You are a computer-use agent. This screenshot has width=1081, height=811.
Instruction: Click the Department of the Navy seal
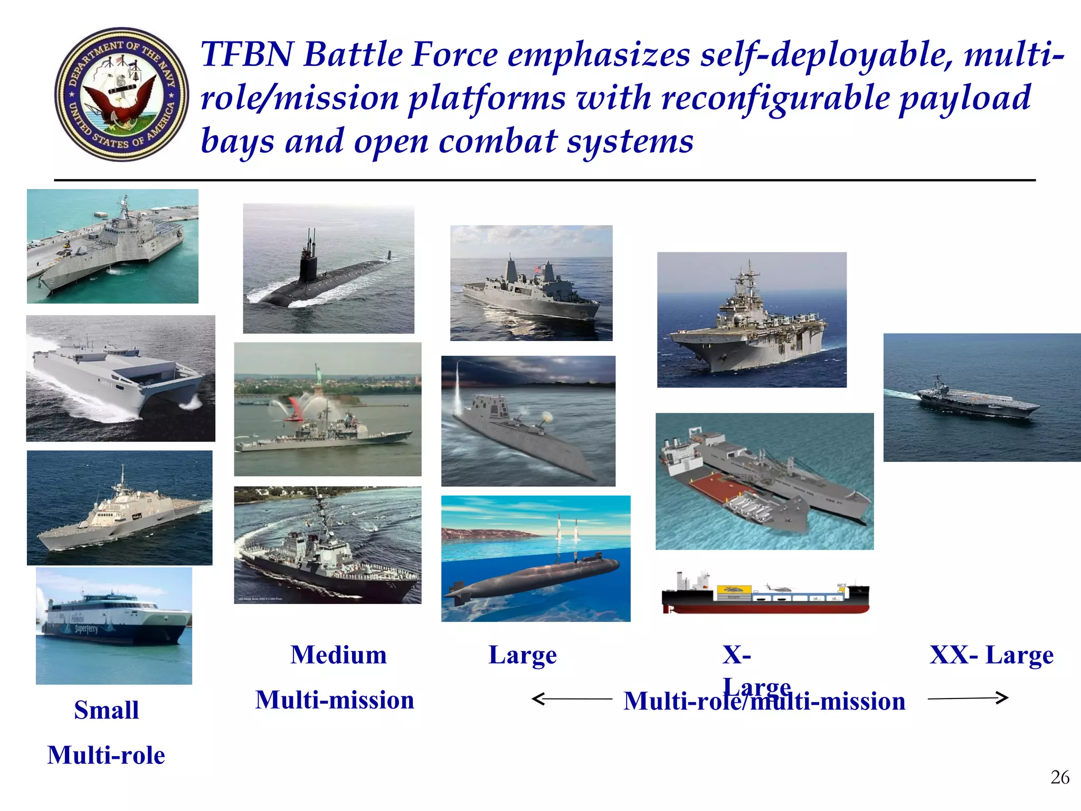pyautogui.click(x=121, y=95)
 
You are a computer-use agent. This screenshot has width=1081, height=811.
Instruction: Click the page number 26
pyautogui.click(x=1059, y=778)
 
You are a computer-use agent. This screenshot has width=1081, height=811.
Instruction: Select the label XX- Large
pyautogui.click(x=991, y=655)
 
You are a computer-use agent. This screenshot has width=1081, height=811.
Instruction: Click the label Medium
pyautogui.click(x=338, y=655)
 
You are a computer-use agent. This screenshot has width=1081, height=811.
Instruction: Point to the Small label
pyautogui.click(x=107, y=710)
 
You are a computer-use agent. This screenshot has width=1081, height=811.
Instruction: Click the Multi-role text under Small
pyautogui.click(x=106, y=755)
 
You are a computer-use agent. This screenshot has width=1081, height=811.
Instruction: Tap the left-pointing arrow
pyautogui.click(x=570, y=699)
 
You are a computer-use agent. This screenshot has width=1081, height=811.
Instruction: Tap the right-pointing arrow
pyautogui.click(x=969, y=698)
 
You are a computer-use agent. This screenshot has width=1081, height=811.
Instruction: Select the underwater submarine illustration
pyautogui.click(x=533, y=576)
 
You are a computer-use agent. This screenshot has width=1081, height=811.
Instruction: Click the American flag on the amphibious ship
pyautogui.click(x=537, y=269)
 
